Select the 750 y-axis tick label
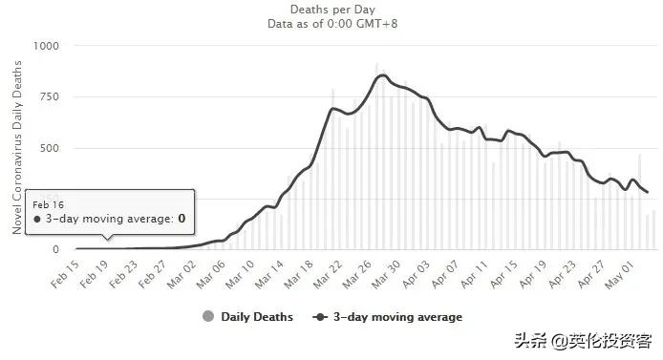pos(49,97)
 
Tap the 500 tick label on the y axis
pos(49,148)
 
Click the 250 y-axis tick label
pos(49,199)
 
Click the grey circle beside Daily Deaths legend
pos(208,317)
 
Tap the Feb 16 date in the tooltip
pos(48,204)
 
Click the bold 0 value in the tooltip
pos(181,219)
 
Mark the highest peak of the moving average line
pos(382,75)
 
